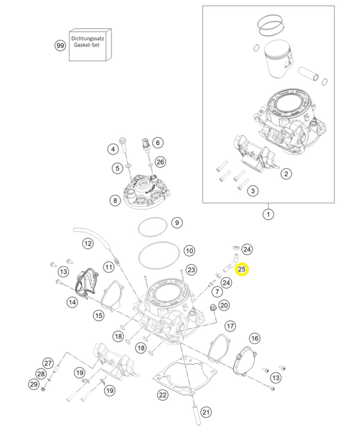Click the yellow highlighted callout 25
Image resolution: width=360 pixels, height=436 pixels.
tap(242, 269)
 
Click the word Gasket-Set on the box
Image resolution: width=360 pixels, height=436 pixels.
tap(86, 45)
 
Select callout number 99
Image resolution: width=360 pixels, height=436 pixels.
tap(60, 46)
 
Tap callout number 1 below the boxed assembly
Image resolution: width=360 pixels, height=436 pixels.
tap(268, 215)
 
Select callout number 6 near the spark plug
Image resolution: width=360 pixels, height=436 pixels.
tap(157, 143)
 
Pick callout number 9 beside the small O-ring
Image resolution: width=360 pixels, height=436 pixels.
tap(176, 223)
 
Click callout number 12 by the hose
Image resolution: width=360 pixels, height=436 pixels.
tap(88, 244)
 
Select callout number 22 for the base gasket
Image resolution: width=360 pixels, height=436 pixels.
tap(163, 395)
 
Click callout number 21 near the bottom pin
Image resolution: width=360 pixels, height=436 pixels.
tap(206, 412)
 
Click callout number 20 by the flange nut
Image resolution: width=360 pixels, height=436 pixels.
tap(224, 306)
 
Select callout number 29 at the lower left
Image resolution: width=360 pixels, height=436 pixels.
tap(33, 384)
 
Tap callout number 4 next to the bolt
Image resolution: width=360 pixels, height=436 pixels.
tap(113, 149)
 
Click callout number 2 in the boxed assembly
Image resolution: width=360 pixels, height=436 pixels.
tap(286, 174)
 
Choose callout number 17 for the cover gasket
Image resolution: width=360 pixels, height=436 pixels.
tap(230, 327)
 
